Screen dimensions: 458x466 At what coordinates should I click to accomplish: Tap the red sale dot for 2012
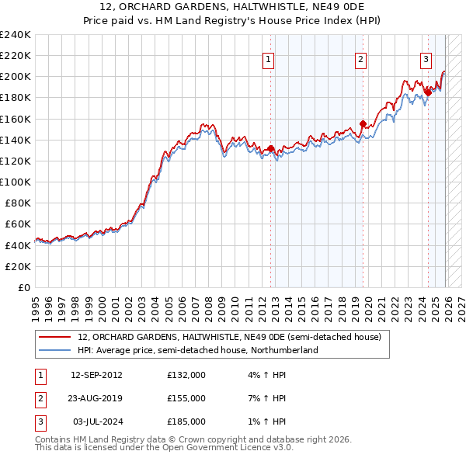click(270, 148)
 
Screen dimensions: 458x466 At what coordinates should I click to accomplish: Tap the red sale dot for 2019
click(363, 123)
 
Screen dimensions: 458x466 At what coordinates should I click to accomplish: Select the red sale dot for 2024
click(428, 92)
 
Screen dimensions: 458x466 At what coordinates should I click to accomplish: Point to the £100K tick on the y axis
click(16, 182)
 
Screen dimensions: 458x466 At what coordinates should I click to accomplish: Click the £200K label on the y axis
click(16, 76)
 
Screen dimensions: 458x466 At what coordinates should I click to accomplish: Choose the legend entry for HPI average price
click(198, 351)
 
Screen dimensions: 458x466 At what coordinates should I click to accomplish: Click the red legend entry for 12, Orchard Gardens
click(229, 338)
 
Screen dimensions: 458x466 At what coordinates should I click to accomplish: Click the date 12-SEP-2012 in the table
click(96, 375)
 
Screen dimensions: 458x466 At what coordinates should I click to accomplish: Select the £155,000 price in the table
click(186, 398)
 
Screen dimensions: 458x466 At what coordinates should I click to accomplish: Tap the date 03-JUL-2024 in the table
click(96, 422)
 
